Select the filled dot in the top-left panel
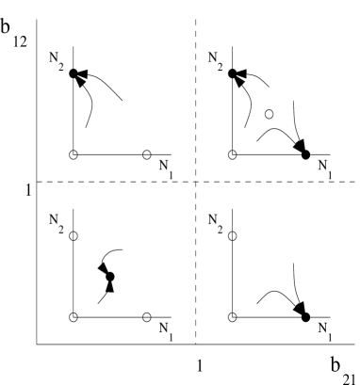coord(73,73)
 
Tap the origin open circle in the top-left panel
coord(73,153)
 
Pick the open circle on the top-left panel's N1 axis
coord(146,153)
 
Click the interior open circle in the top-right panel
coord(270,114)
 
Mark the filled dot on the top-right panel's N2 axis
coord(232,73)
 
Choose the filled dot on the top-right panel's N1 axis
coord(306,153)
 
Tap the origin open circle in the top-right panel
coord(232,153)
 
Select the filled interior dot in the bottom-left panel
coord(110,277)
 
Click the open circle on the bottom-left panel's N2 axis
coord(73,235)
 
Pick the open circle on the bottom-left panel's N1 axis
coord(146,316)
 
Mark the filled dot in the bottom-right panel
coord(306,316)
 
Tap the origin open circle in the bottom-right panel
coord(232,316)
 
